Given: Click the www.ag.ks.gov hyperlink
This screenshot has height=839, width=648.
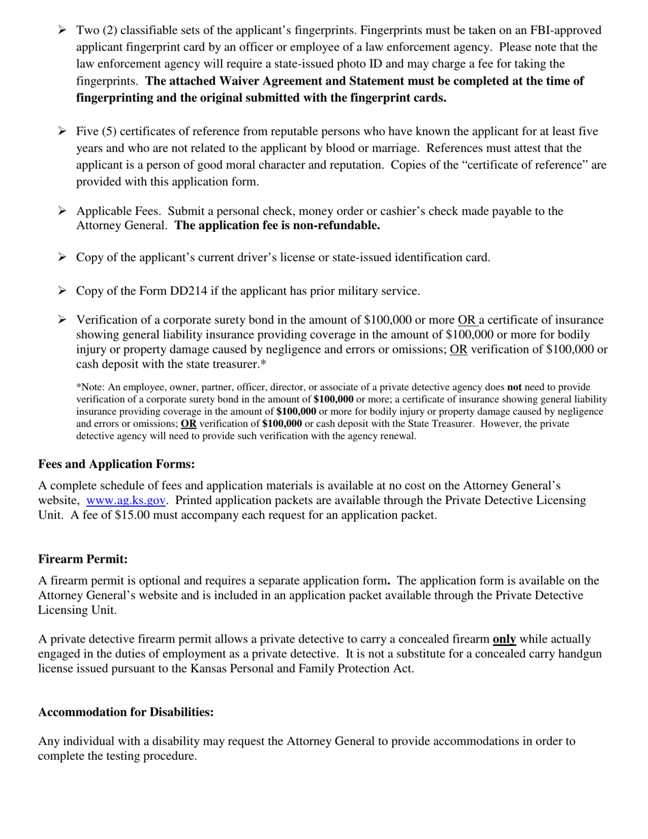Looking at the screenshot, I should point(126,500).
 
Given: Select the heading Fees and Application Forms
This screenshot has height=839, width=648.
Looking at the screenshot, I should point(116,464).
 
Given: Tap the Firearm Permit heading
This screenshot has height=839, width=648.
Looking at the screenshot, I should point(83,559).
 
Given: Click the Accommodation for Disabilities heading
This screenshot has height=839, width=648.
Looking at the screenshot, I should point(126,711).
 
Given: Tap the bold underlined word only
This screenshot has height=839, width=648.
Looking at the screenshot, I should point(504,639).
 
